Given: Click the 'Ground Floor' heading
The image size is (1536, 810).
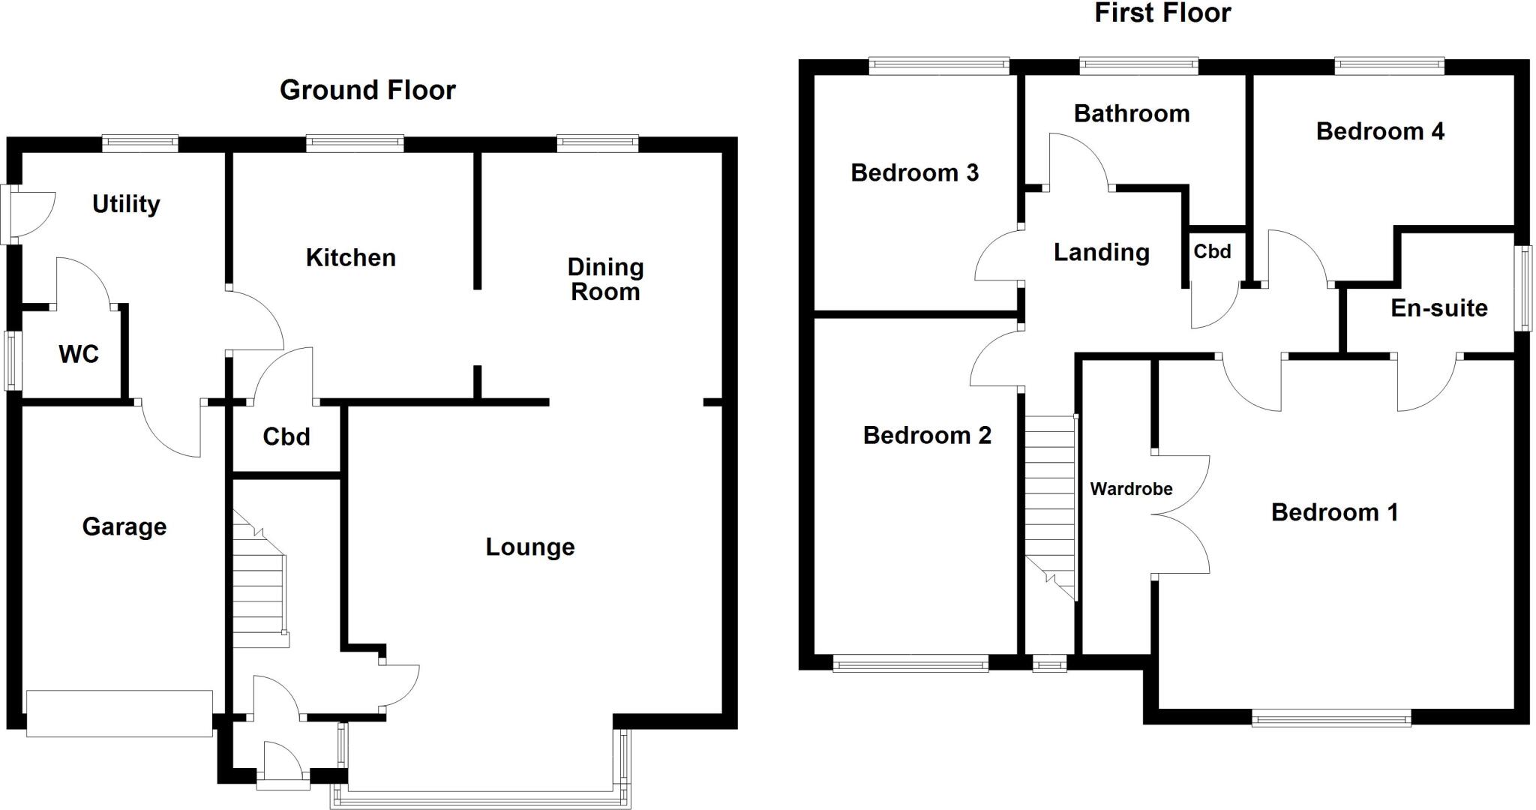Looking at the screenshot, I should (367, 90).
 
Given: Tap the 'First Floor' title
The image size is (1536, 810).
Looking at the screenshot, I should (1162, 13).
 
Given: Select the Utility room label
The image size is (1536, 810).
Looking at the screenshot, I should (126, 204).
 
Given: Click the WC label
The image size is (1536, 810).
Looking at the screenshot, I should (79, 354).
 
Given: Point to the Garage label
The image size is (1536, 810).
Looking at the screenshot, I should (124, 526).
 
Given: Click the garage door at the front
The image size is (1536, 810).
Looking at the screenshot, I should (119, 713).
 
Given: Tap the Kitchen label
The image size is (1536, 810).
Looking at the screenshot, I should (350, 258).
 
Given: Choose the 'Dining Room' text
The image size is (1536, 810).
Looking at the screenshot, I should (605, 279).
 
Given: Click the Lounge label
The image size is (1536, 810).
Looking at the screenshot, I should (530, 547).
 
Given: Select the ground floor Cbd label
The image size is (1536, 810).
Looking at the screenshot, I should (286, 436).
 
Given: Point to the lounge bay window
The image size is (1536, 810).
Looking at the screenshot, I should (480, 795).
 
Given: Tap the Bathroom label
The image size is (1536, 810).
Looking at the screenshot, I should (1132, 114).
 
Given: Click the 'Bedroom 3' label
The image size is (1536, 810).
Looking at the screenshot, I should (914, 173).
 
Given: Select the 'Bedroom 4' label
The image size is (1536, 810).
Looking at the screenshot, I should (1380, 131).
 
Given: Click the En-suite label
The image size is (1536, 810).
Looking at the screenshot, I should (1438, 308).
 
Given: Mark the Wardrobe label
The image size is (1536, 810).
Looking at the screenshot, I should (1131, 489).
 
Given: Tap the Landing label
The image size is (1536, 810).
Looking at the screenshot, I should (1101, 253).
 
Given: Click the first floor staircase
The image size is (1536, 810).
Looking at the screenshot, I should (1050, 502).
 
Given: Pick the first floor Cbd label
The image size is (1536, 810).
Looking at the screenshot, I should (1212, 251).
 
